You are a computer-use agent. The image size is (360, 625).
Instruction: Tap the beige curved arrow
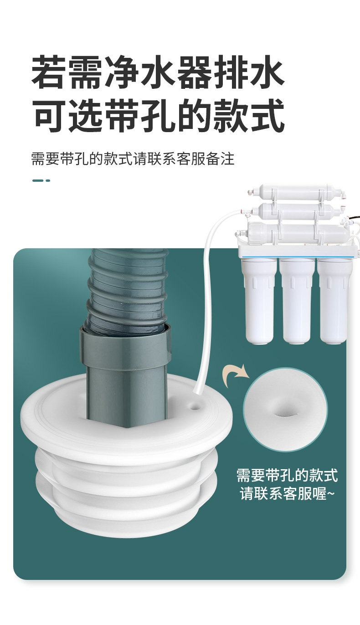[x=236, y=374]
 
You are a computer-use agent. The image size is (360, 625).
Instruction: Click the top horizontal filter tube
[x=296, y=193]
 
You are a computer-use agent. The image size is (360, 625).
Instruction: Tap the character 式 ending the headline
[x=267, y=115]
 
